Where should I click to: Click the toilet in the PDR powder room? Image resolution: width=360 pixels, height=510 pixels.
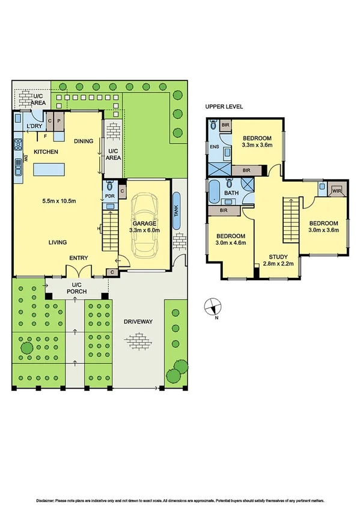coord(109,186)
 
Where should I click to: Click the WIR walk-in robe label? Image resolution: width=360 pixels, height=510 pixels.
coord(337,191)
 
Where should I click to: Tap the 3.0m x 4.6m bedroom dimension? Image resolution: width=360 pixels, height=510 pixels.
coord(231,243)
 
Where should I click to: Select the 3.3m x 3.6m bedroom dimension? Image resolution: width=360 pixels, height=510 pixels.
coord(257,145)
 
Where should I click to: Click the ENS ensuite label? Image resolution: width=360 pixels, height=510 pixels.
coord(214,146)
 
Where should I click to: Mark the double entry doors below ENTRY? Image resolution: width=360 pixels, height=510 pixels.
coord(79,269)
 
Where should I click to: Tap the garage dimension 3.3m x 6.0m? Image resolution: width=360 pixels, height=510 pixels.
coord(144,230)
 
